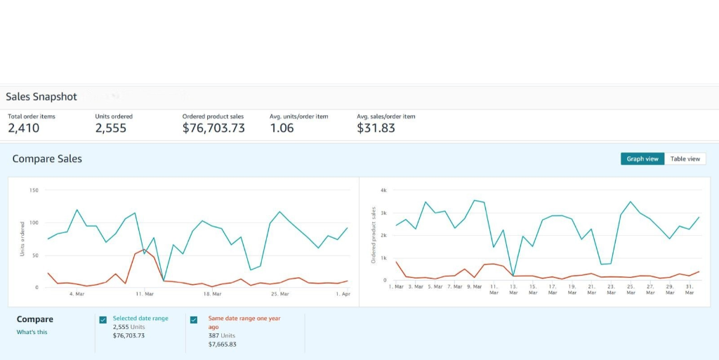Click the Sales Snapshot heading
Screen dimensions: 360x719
pyautogui.click(x=41, y=97)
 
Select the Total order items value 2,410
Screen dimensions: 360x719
pyautogui.click(x=24, y=128)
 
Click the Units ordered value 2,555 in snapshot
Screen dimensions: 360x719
pyautogui.click(x=111, y=128)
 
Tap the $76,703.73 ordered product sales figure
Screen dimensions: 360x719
pyautogui.click(x=213, y=128)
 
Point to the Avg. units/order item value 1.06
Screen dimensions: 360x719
pyautogui.click(x=282, y=128)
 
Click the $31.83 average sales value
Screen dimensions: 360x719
pyautogui.click(x=376, y=128)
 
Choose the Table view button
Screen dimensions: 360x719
pyautogui.click(x=685, y=159)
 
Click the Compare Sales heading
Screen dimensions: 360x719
pyautogui.click(x=47, y=159)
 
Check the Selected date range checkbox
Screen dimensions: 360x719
pyautogui.click(x=103, y=320)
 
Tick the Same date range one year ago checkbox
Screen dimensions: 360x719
pyautogui.click(x=194, y=320)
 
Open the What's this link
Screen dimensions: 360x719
pyautogui.click(x=32, y=332)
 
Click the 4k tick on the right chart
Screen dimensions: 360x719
pyautogui.click(x=383, y=190)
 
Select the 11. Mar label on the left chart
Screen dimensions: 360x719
pyautogui.click(x=145, y=294)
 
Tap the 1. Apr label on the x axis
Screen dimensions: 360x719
pyautogui.click(x=343, y=294)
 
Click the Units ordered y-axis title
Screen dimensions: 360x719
pyautogui.click(x=22, y=239)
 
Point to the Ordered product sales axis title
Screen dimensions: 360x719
pyautogui.click(x=374, y=235)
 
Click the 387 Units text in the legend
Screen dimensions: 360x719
pyautogui.click(x=222, y=335)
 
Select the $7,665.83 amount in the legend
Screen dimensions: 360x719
pyautogui.click(x=223, y=345)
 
